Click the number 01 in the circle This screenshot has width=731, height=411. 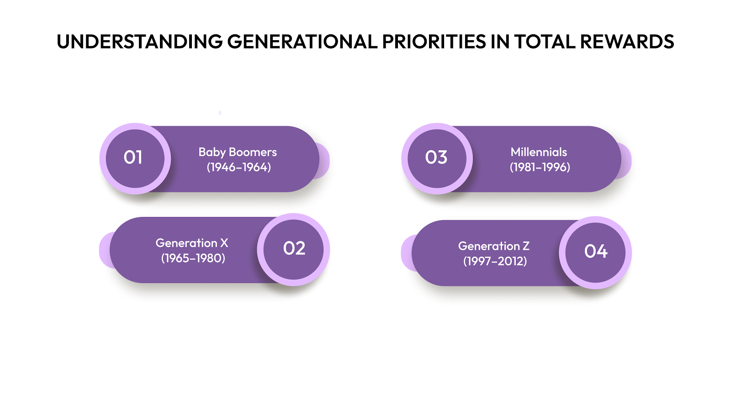tap(133, 158)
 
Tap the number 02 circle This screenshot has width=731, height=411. tap(294, 249)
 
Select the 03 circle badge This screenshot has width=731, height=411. tap(436, 158)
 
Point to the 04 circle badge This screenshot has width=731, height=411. tap(596, 252)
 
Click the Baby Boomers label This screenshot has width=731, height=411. tap(238, 152)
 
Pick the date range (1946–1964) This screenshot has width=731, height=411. tap(239, 167)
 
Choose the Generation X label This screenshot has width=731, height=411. tap(192, 243)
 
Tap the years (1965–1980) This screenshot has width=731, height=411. tap(193, 258)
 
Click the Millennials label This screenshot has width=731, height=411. tap(539, 152)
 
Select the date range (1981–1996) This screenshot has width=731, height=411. tap(540, 167)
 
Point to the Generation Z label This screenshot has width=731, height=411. tap(494, 246)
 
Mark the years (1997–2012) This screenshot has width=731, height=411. tap(495, 261)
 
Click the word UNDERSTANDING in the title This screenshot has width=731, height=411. tap(139, 42)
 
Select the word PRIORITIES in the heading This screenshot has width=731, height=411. tap(434, 42)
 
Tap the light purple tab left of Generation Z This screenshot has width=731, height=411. tap(406, 253)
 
